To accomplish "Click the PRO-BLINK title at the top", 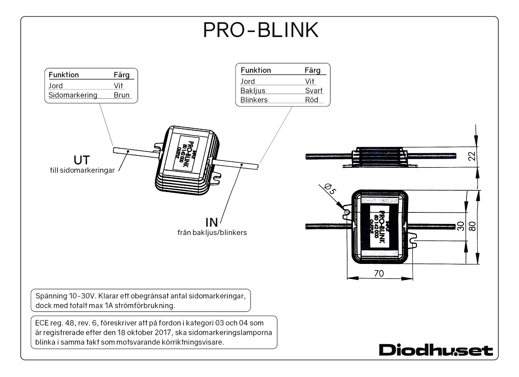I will [261, 30].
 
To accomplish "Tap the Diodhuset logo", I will [436, 350].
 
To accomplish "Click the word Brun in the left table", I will [122, 95].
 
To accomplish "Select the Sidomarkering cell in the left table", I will [73, 95].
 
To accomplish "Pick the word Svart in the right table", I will [314, 91].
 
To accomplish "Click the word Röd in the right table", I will [311, 100].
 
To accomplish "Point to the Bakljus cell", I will [253, 91].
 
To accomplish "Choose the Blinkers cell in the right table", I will [254, 100].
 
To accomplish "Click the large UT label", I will [82, 160].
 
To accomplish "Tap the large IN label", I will [212, 222].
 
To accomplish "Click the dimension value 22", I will [472, 156].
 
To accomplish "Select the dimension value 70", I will [379, 274].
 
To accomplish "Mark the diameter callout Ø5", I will [331, 189].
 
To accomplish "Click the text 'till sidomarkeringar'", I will [82, 171].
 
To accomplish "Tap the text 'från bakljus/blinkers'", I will [212, 233].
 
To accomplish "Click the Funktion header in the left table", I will [64, 75].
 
